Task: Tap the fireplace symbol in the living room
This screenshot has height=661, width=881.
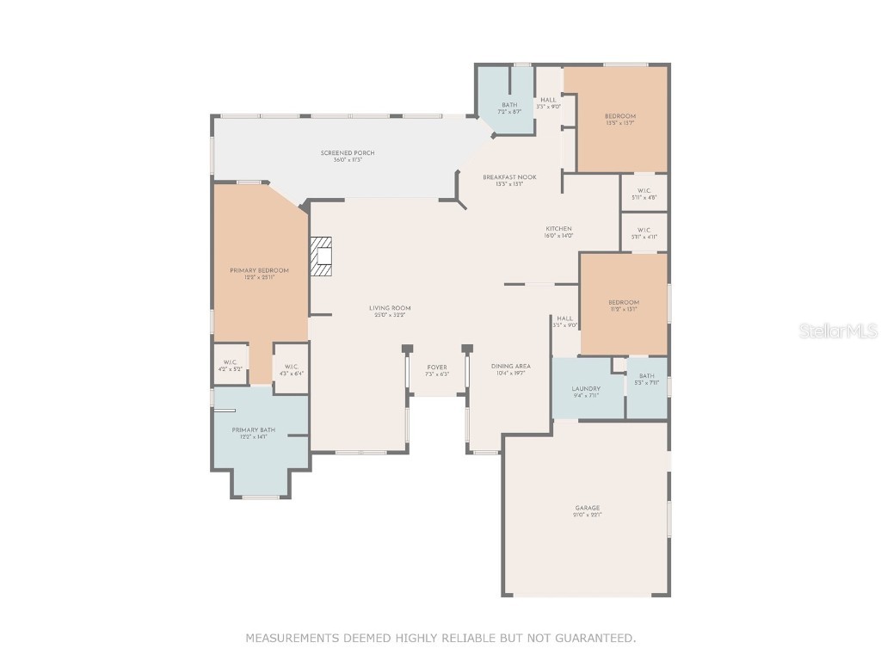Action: [322, 256]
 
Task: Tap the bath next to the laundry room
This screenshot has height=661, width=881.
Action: [646, 379]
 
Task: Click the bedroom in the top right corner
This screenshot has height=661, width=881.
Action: [620, 120]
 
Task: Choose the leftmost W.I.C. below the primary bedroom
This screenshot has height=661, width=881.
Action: [230, 365]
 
